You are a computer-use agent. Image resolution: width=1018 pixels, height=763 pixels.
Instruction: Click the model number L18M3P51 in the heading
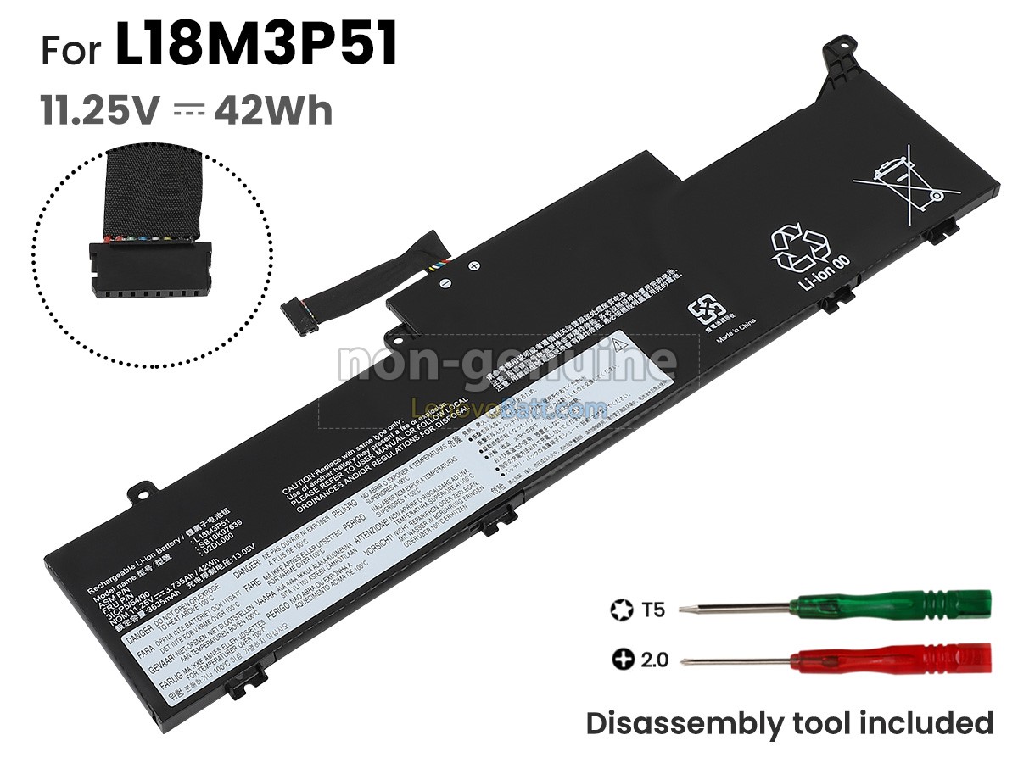point(256,47)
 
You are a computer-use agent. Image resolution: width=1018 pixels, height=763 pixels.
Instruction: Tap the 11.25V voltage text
point(101,110)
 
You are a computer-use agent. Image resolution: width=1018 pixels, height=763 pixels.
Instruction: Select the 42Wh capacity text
point(273,110)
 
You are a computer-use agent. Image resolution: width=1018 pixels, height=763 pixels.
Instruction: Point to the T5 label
point(653,609)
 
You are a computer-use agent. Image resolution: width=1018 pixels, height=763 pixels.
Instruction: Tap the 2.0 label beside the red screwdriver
point(655,658)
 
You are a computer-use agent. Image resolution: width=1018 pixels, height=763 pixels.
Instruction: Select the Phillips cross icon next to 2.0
point(622,658)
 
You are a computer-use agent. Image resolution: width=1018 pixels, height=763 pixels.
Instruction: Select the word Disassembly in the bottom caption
point(696,723)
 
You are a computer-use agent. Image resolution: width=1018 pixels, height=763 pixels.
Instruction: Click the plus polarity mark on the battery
point(474,266)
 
